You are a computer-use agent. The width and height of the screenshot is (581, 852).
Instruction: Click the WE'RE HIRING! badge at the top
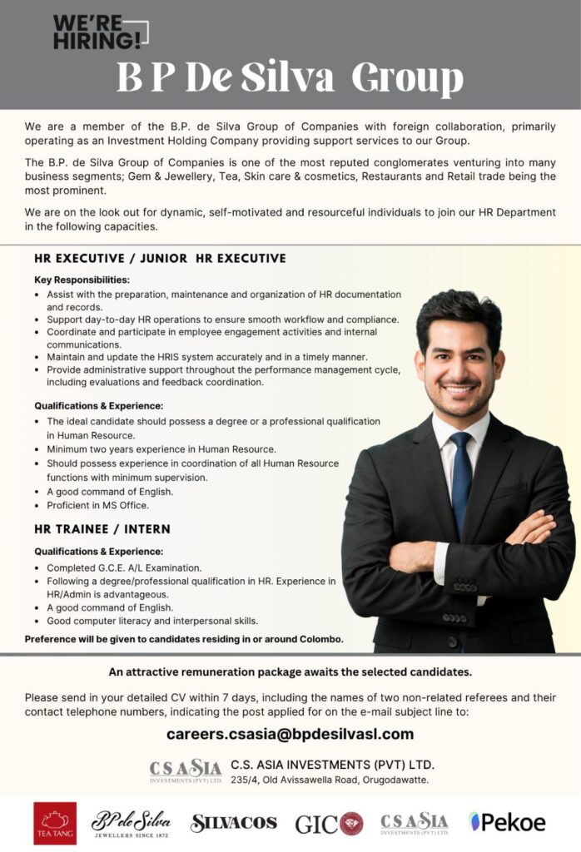pos(98,32)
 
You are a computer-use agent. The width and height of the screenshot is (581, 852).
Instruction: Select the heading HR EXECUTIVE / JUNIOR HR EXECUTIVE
pos(160,259)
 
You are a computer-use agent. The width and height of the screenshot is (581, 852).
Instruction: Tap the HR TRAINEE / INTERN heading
pos(102,529)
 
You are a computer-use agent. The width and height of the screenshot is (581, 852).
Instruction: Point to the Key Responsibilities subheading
pos(82,280)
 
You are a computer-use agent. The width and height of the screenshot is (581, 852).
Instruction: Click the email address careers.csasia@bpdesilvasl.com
pos(290,734)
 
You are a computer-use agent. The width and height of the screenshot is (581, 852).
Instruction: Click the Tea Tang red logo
pos(55,822)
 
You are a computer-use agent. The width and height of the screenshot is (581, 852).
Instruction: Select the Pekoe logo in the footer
pos(507,822)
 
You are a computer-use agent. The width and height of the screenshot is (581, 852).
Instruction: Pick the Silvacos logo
pos(233,822)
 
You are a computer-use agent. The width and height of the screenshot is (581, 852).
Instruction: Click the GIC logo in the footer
pos(329,823)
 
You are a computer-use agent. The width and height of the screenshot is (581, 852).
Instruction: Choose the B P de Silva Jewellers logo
pos(131,822)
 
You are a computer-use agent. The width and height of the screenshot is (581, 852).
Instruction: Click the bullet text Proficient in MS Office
pos(97,505)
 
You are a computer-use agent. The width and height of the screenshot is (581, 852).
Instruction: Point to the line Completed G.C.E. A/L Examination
pos(124,567)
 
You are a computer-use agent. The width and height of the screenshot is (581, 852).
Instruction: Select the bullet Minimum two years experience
pos(161,449)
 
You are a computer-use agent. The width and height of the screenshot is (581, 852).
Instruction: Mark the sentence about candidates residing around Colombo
pos(184,639)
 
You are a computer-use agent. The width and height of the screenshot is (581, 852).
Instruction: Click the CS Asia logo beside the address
pos(186,770)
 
